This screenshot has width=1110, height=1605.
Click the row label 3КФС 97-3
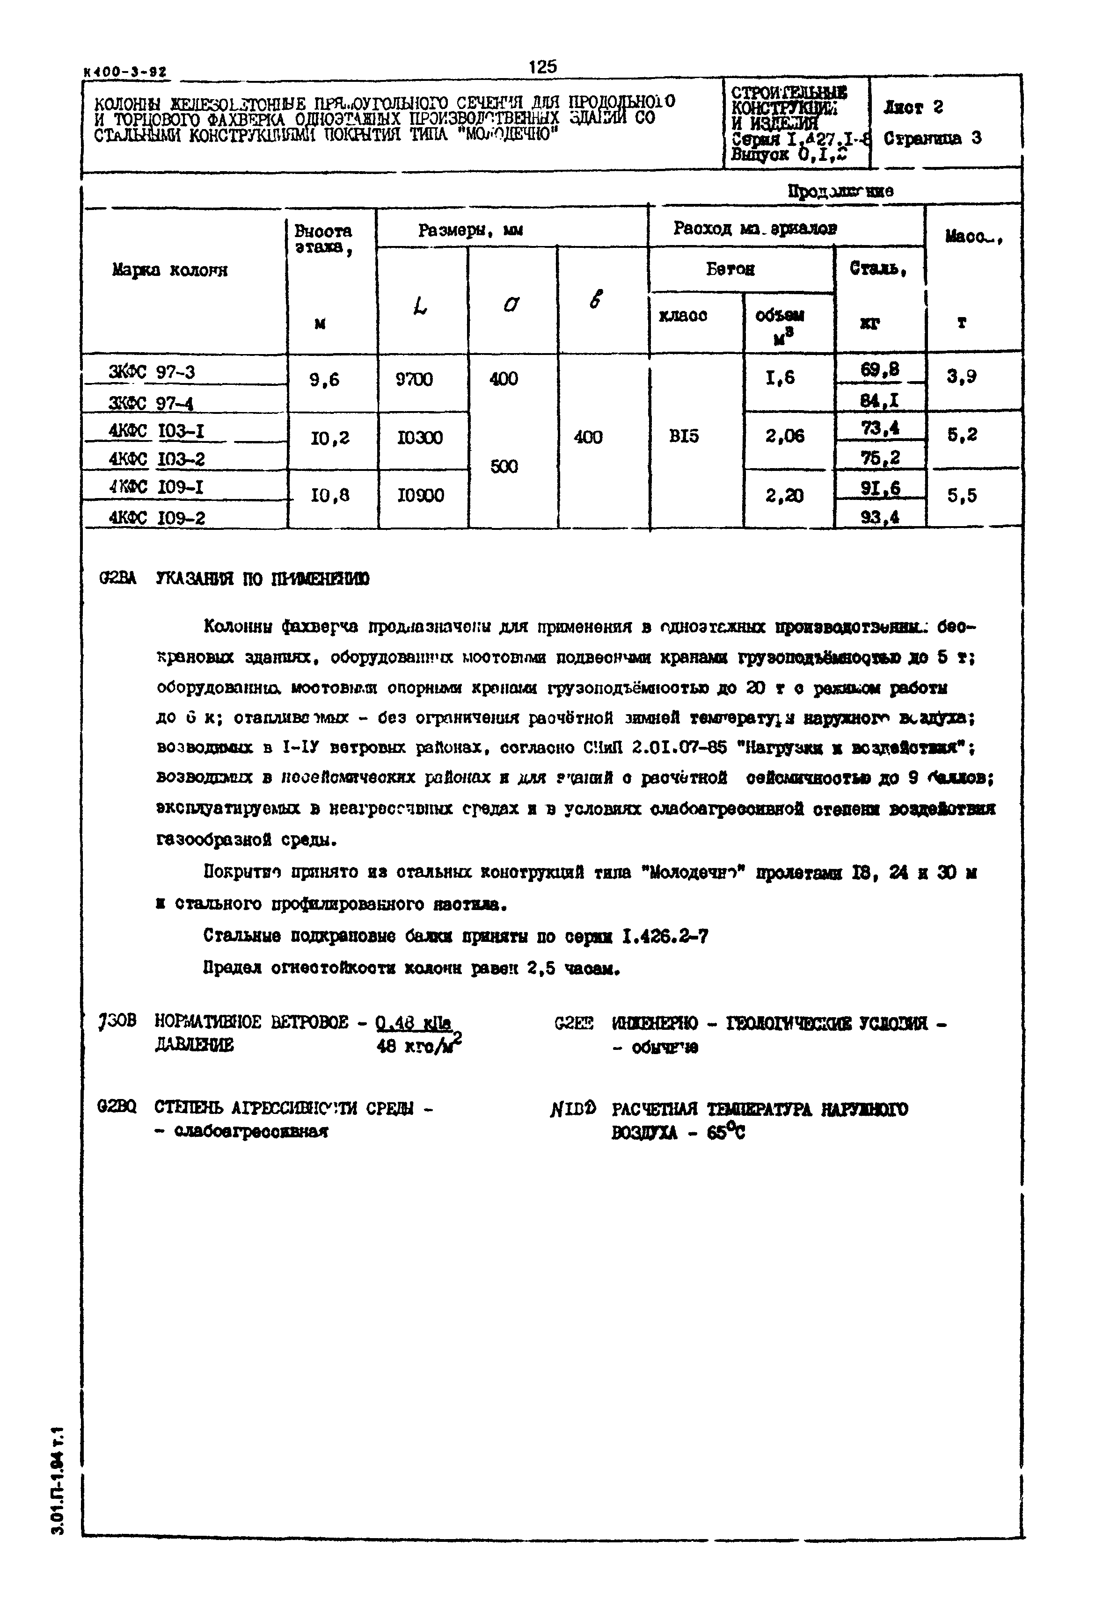click(x=152, y=373)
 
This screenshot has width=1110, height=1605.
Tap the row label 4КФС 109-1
click(x=156, y=487)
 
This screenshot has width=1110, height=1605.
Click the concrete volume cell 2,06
click(x=784, y=436)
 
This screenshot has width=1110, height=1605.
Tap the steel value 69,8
click(x=880, y=370)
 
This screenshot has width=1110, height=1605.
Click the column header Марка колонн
click(x=170, y=270)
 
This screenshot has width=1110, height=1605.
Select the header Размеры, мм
click(x=471, y=230)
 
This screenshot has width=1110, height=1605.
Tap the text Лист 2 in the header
click(x=913, y=108)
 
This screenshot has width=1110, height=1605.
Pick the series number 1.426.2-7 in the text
click(x=665, y=937)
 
